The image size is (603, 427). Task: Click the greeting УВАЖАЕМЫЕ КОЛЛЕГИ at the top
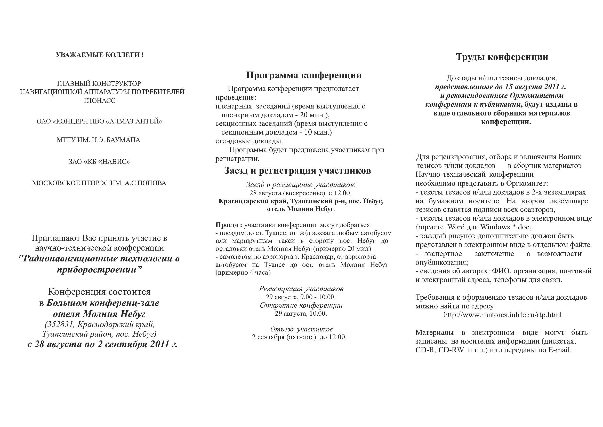(100, 55)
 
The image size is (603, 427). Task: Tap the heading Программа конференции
(304, 75)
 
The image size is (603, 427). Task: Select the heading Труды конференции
(502, 57)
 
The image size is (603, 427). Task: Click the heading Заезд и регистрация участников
(298, 171)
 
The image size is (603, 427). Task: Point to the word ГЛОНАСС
(100, 101)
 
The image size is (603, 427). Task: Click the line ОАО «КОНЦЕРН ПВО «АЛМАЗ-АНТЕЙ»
(99, 121)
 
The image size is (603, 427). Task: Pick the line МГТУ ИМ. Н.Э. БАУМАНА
(99, 140)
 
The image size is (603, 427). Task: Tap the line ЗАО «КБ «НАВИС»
(99, 161)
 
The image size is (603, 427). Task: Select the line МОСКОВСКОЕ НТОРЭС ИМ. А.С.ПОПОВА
(99, 183)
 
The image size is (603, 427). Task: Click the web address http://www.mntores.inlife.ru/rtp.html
(502, 315)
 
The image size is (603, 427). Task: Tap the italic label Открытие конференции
(301, 305)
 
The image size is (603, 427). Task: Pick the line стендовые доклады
(249, 141)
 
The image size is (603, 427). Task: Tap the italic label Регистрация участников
(301, 289)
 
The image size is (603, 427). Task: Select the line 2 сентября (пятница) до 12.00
(299, 337)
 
